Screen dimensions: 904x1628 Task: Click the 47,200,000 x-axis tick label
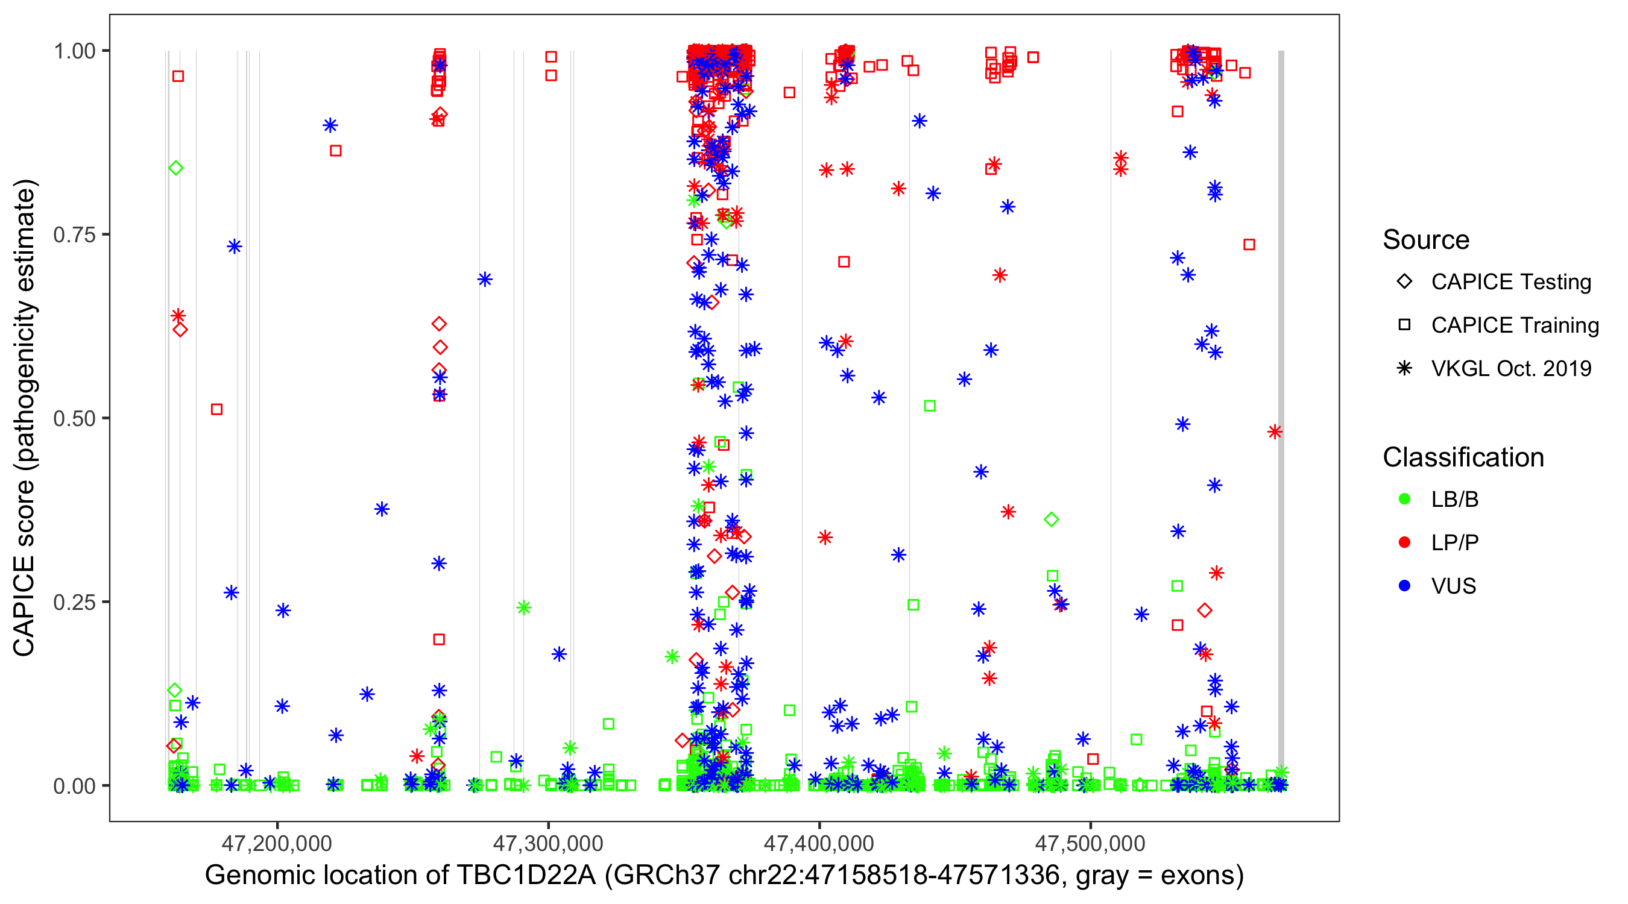(277, 843)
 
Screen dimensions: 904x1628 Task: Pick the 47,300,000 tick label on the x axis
(548, 843)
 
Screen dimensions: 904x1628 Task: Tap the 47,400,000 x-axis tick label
(819, 843)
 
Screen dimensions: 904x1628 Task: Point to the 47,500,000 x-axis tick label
(1090, 843)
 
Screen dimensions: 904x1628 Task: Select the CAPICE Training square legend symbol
(1404, 325)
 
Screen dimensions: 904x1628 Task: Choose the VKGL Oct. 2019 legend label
(1511, 368)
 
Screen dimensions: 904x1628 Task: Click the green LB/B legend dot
(1404, 499)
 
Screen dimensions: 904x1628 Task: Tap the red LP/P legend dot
(1404, 542)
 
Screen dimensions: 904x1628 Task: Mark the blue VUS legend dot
(1404, 586)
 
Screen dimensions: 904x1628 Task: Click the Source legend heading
(1426, 240)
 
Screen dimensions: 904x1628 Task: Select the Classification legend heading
(1463, 457)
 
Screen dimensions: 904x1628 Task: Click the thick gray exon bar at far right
(1281, 417)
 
